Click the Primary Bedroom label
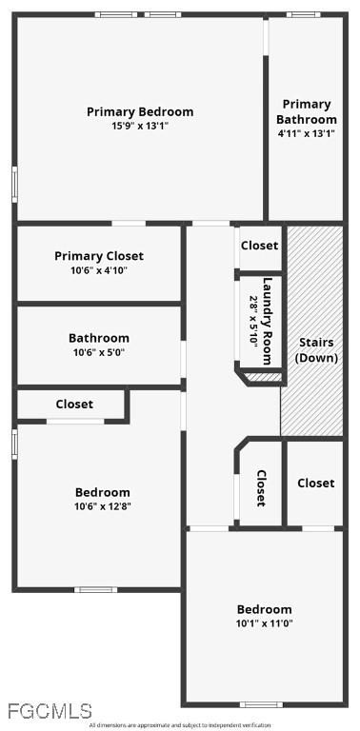tap(140, 112)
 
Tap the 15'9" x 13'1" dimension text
tap(140, 126)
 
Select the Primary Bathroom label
tap(307, 111)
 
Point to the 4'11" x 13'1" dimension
tap(307, 133)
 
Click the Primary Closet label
tap(99, 256)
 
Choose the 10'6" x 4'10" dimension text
tap(99, 269)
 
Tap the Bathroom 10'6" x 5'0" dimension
tap(99, 351)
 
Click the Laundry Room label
tap(267, 321)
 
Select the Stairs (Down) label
tap(317, 350)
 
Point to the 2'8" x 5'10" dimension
tap(253, 321)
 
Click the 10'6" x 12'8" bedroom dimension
tap(103, 506)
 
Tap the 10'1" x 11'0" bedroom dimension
tap(265, 622)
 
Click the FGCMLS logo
tap(50, 711)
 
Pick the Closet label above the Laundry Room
tap(259, 246)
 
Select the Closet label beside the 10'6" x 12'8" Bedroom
tap(74, 405)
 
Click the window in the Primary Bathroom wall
tap(303, 14)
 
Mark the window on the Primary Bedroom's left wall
tap(14, 185)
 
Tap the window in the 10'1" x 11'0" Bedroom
tap(261, 704)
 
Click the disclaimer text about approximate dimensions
tap(180, 725)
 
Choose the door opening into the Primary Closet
tap(129, 224)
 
